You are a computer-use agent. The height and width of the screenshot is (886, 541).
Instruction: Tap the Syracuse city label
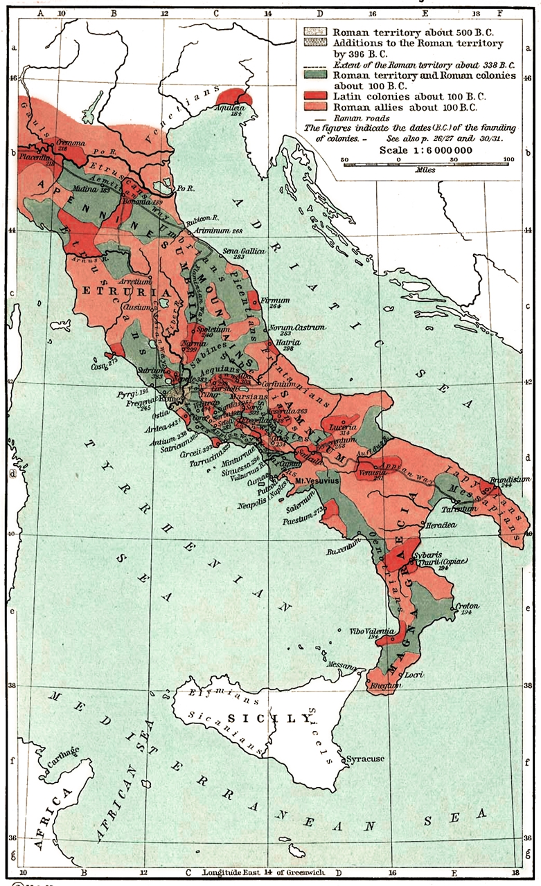(365, 759)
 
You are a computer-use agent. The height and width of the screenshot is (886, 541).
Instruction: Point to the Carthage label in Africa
(62, 754)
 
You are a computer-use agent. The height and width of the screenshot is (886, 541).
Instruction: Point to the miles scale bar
(427, 161)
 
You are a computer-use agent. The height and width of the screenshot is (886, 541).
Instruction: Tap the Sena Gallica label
(242, 252)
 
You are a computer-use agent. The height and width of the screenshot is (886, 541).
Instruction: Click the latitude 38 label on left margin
(12, 686)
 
